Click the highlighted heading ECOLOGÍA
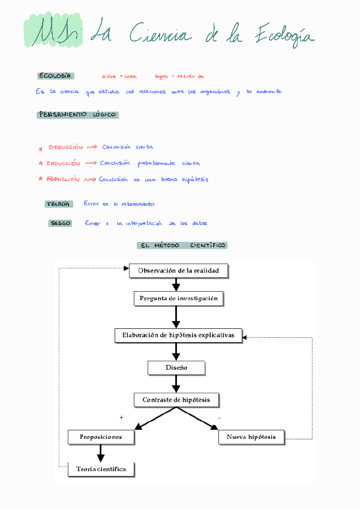(56, 76)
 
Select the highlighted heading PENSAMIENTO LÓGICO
(77, 115)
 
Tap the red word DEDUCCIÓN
(65, 147)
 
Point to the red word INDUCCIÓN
(63, 163)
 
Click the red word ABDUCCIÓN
(63, 179)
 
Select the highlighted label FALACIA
(59, 204)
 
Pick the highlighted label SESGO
(61, 223)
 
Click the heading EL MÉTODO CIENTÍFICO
(182, 245)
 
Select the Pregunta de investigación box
(178, 298)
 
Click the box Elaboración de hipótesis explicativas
(178, 335)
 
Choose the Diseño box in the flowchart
(176, 367)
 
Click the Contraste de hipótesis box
(176, 400)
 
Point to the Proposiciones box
(101, 437)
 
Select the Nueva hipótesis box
(251, 437)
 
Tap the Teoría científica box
(101, 469)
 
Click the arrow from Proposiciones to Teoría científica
(101, 453)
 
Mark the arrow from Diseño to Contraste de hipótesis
(176, 383)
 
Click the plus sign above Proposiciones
(121, 417)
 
